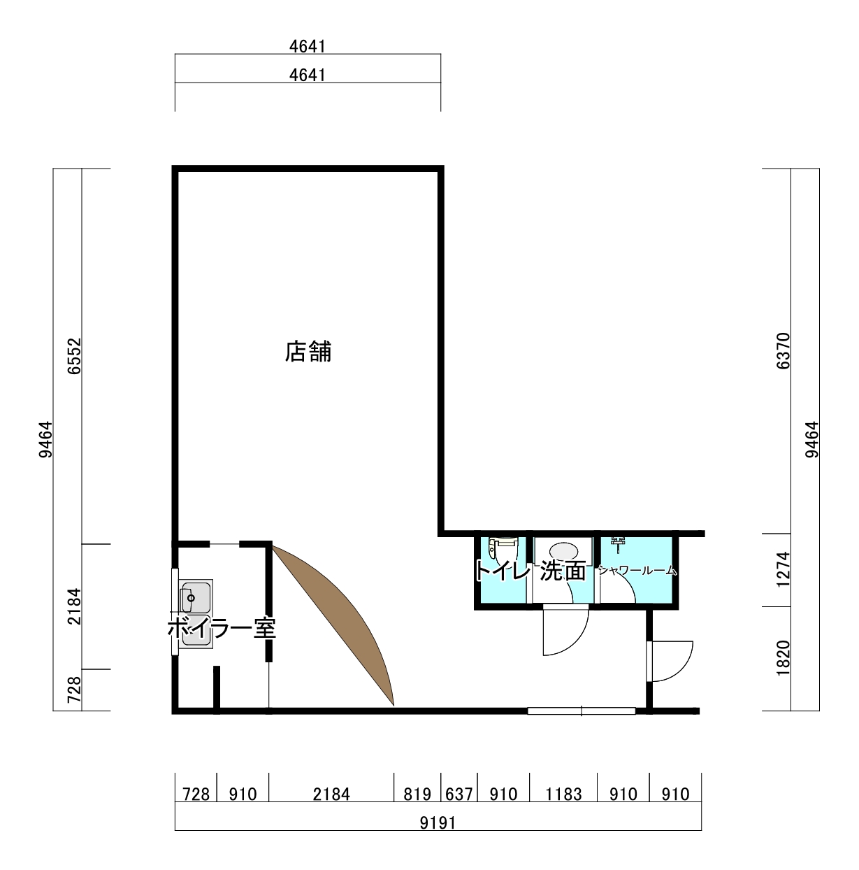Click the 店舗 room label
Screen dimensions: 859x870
308,352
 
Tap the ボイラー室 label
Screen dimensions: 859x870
222,628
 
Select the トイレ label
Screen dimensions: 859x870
503,571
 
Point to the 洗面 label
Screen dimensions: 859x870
563,571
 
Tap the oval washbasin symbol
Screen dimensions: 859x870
564,551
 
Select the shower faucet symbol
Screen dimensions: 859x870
618,545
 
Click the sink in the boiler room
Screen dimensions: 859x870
196,614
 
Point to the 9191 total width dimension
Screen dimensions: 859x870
438,823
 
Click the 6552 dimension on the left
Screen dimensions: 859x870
74,356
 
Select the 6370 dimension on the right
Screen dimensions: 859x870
784,351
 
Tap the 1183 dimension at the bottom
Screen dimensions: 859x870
564,794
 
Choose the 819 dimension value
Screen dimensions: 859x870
417,794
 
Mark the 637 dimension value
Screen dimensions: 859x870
459,794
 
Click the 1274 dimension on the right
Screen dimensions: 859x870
784,569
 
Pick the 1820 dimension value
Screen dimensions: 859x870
784,658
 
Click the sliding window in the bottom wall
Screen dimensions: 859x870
582,711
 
